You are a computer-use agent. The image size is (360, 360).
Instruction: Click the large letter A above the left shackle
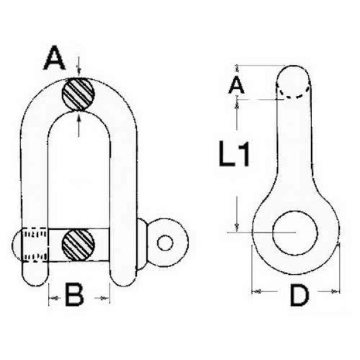coord(54,57)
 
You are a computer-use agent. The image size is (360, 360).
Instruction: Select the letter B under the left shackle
coord(74,295)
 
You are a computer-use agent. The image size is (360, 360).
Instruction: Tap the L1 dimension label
coord(234,154)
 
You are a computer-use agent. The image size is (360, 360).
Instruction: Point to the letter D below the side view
coord(299,295)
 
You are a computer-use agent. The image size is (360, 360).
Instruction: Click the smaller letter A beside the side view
coord(236,85)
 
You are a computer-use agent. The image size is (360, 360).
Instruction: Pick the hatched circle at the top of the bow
coord(79,94)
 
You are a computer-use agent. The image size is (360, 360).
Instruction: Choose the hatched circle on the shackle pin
coord(79,245)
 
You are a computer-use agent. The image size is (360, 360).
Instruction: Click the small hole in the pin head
coord(165,243)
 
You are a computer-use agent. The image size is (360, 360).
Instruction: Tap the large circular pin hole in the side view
coord(295,233)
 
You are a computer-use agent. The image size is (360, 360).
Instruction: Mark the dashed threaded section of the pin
coord(35,245)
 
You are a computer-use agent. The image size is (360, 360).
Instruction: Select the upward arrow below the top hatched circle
coord(79,124)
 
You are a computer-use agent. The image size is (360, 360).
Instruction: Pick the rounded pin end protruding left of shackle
coord(17,245)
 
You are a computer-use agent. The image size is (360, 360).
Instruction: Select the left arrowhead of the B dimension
coord(54,298)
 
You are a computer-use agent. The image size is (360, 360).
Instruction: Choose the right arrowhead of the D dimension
coord(335,292)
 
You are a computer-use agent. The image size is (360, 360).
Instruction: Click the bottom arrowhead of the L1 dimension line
coord(237,227)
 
